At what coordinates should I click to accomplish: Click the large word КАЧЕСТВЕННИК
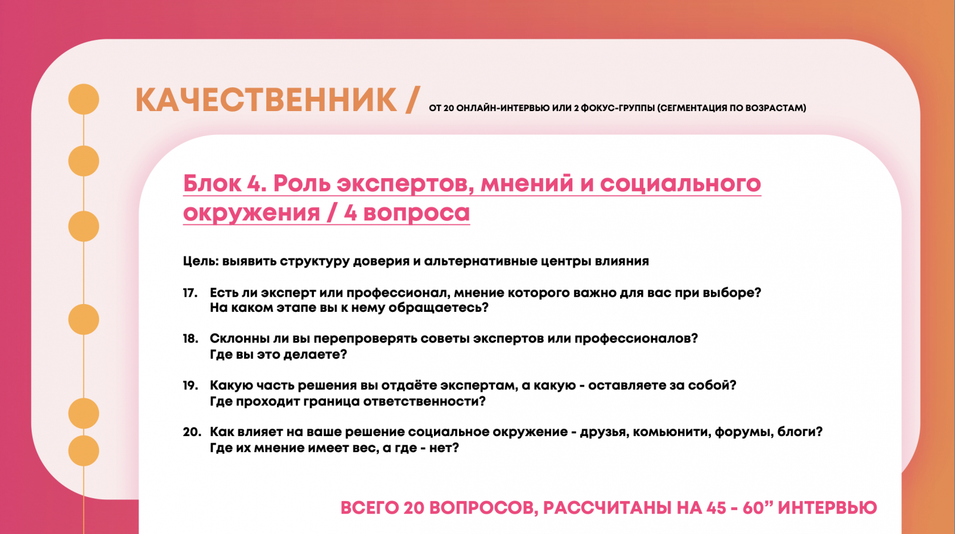(266, 100)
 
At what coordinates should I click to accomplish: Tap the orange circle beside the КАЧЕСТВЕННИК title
(84, 99)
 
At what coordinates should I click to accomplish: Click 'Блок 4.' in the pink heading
(224, 183)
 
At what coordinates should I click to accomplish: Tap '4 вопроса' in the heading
(406, 213)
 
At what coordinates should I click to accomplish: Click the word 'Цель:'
(201, 261)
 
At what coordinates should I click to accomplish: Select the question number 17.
(190, 293)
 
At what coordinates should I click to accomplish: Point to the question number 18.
(190, 339)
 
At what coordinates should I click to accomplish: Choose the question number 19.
(190, 386)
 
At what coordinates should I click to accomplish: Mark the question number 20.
(192, 432)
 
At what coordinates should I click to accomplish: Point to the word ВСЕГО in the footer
(369, 508)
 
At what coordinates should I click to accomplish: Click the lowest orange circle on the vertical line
(84, 451)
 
